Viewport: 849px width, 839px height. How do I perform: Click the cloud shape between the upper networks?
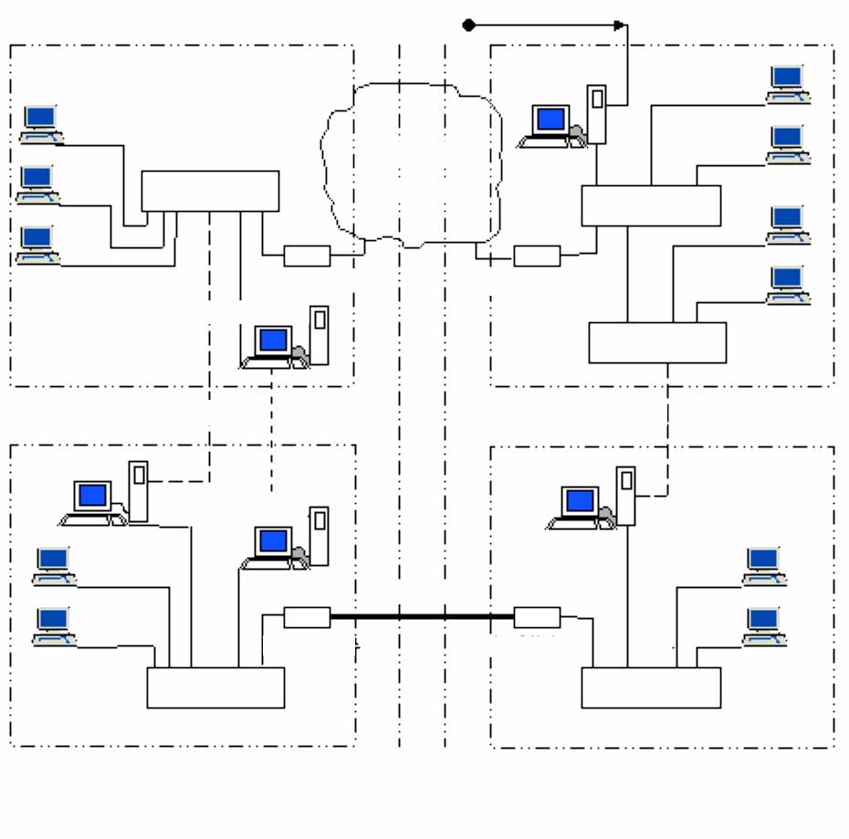tap(411, 164)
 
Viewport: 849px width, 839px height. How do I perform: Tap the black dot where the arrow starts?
tap(468, 25)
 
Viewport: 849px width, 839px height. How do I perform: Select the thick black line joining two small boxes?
tap(422, 617)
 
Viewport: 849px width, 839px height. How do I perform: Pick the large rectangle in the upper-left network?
tap(210, 191)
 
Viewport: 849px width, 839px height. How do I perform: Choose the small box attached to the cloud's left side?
tap(307, 256)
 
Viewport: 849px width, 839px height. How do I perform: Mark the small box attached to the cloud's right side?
tap(537, 256)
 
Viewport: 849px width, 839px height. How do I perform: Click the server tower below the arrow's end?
tap(596, 114)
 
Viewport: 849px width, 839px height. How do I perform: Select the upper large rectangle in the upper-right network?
tap(651, 205)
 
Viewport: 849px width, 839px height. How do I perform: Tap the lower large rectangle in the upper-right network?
tap(657, 342)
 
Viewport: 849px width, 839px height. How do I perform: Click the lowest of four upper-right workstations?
tap(788, 284)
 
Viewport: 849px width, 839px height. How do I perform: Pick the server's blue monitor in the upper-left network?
tap(273, 341)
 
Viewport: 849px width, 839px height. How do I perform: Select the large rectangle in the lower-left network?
tap(215, 687)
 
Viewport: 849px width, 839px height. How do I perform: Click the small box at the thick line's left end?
tap(307, 617)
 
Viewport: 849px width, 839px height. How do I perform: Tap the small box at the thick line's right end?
tap(537, 617)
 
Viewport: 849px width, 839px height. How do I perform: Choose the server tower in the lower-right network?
tap(625, 495)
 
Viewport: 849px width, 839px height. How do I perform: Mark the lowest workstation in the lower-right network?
tap(763, 625)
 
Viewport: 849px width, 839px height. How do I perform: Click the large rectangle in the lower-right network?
tap(651, 687)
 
